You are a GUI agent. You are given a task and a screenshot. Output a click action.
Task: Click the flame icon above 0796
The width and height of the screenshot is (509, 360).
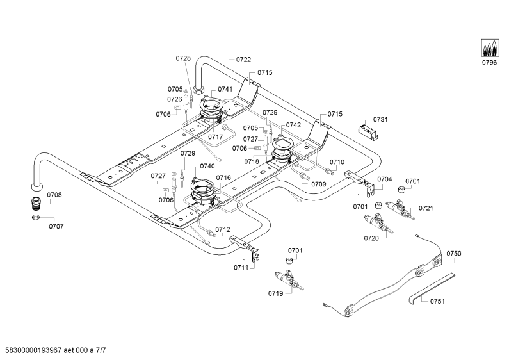(x=489, y=48)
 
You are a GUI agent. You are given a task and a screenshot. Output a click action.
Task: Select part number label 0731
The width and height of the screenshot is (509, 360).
(x=380, y=120)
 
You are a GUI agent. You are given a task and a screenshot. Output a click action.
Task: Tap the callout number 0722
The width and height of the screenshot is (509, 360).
(x=243, y=60)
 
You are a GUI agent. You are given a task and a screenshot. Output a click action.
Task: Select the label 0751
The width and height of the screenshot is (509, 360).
(x=437, y=302)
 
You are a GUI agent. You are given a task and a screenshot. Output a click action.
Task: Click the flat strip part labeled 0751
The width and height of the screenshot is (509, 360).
(x=432, y=288)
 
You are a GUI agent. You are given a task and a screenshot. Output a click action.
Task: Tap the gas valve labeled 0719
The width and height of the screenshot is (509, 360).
(x=289, y=279)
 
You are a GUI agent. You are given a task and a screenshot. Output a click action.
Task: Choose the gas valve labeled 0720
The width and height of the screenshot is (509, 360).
(x=378, y=223)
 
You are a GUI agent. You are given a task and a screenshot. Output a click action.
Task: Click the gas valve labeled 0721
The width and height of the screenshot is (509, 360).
(x=400, y=209)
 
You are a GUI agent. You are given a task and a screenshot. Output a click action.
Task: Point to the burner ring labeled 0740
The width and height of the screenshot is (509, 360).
(x=203, y=192)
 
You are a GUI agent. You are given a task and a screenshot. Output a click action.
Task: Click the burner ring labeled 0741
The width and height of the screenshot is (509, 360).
(x=211, y=109)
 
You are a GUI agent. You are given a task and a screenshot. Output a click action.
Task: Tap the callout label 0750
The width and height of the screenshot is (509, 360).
(x=453, y=254)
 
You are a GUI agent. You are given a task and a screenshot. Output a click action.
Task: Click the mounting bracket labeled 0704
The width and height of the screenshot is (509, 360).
(x=361, y=183)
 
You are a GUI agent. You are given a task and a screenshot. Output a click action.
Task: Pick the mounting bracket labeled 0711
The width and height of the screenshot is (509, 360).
(x=246, y=248)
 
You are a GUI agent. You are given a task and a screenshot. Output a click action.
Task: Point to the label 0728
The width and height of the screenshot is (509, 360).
(x=183, y=58)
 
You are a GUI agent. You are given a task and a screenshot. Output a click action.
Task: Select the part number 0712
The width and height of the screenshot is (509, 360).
(x=223, y=229)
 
